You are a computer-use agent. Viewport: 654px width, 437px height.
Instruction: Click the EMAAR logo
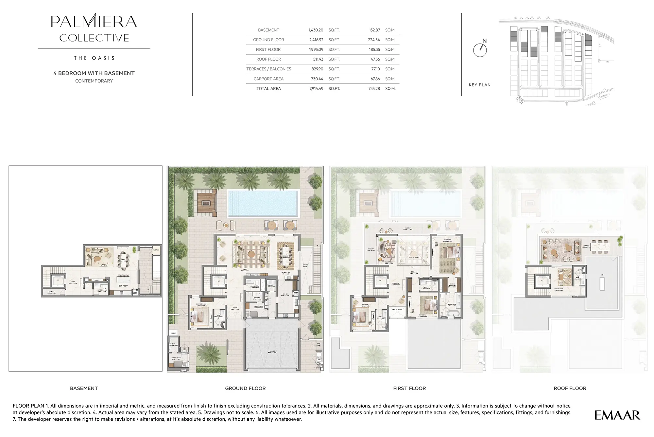pyautogui.click(x=617, y=415)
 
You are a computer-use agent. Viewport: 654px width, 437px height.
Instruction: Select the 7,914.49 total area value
pyautogui.click(x=316, y=89)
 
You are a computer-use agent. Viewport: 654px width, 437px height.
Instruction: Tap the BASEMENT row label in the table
pyautogui.click(x=268, y=30)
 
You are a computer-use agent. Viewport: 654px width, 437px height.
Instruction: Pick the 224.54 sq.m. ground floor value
pyautogui.click(x=374, y=40)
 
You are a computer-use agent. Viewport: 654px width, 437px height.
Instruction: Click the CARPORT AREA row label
pyautogui.click(x=268, y=79)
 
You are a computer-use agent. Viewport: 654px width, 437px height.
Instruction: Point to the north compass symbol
pyautogui.click(x=480, y=49)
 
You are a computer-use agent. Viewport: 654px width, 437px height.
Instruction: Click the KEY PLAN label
pyautogui.click(x=479, y=85)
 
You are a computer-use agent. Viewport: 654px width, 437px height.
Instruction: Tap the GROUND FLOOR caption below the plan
pyautogui.click(x=245, y=388)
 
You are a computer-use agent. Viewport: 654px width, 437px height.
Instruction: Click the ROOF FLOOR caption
pyautogui.click(x=570, y=388)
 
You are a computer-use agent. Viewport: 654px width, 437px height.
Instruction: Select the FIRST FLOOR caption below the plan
pyautogui.click(x=409, y=388)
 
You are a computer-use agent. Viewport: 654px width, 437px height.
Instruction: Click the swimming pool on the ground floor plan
pyautogui.click(x=263, y=203)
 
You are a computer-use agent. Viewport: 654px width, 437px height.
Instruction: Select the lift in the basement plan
pyautogui.click(x=58, y=281)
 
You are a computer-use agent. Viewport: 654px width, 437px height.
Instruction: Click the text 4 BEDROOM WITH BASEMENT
pyautogui.click(x=94, y=73)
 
